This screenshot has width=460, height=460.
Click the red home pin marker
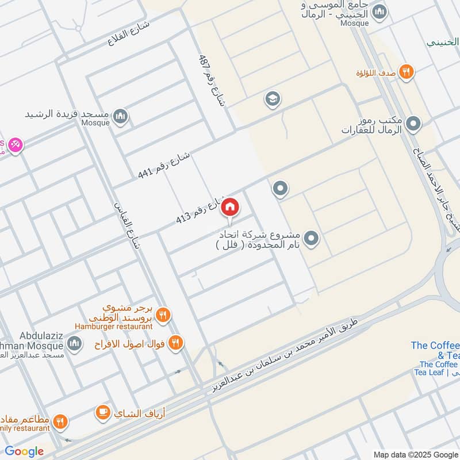pyautogui.click(x=230, y=207)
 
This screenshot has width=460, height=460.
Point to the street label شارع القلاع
pyautogui.click(x=128, y=34)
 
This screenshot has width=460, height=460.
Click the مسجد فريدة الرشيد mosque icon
pyautogui.click(x=120, y=117)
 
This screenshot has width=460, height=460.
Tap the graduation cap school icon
pyautogui.click(x=273, y=99)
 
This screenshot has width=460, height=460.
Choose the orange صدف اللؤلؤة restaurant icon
pyautogui.click(x=407, y=72)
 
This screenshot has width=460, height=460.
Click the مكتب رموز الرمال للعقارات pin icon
pyautogui.click(x=413, y=124)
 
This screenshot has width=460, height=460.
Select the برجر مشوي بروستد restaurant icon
pyautogui.click(x=163, y=315)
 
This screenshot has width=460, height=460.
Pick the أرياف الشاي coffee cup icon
pyautogui.click(x=103, y=412)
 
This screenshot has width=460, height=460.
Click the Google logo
pyautogui.click(x=24, y=451)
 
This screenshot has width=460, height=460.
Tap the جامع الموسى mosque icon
pyautogui.click(x=379, y=11)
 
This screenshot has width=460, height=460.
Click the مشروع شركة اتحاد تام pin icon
pyautogui.click(x=311, y=237)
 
